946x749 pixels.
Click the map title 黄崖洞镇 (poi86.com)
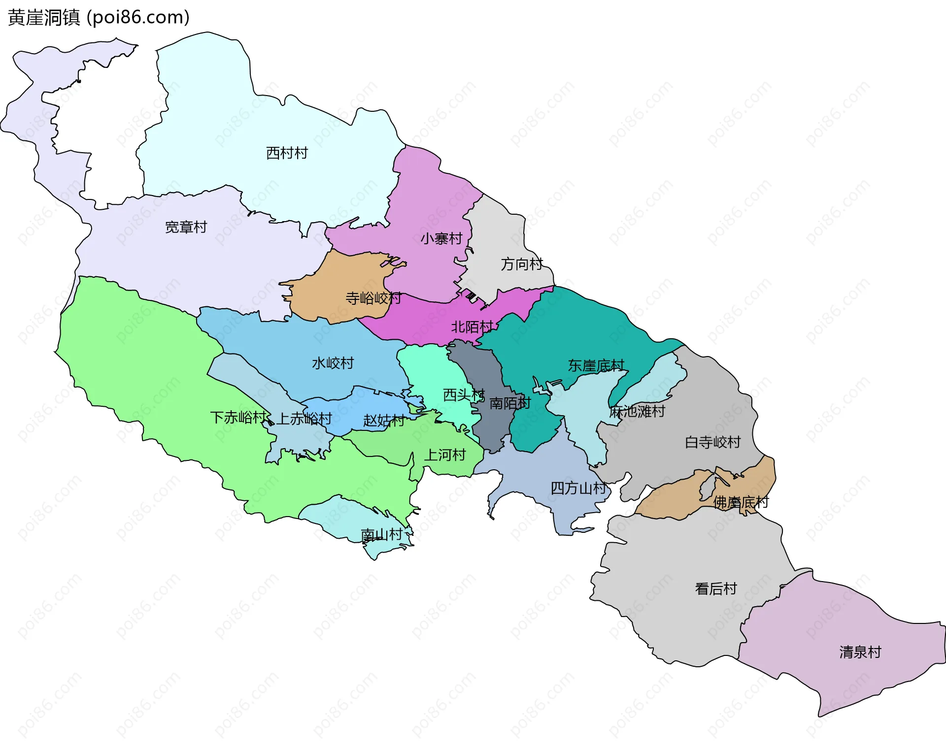[x=99, y=18]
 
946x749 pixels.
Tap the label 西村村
[x=287, y=153]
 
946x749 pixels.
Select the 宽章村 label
[x=186, y=227]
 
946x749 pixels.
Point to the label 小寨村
[x=441, y=239]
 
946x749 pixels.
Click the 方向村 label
[x=522, y=264]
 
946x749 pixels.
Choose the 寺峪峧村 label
[x=373, y=298]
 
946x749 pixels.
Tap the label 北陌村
[x=472, y=327]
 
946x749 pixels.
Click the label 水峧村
[x=333, y=363]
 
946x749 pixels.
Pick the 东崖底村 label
[x=596, y=365]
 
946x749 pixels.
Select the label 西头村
[x=464, y=395]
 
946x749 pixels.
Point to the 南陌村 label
[x=510, y=403]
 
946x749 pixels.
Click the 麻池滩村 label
[x=637, y=411]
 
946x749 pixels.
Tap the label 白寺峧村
[x=712, y=442]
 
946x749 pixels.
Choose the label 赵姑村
[x=384, y=421]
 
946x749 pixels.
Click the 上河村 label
[x=445, y=455]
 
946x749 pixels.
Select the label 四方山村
[x=578, y=488]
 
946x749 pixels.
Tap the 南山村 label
[x=381, y=535]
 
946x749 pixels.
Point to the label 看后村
[x=715, y=589]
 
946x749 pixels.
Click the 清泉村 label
[x=860, y=652]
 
